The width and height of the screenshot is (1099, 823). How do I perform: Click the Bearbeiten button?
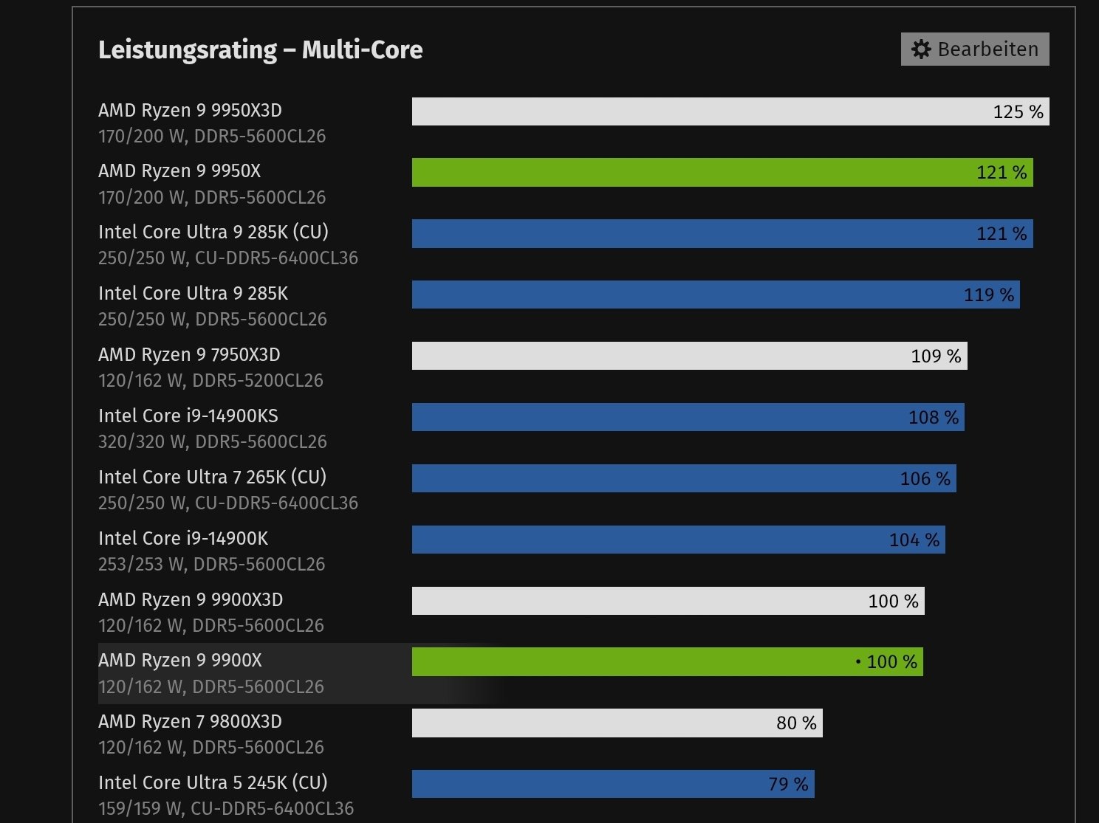coord(975,49)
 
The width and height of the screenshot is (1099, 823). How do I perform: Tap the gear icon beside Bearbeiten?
coord(921,49)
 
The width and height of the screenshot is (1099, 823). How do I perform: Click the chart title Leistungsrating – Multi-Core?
coord(260,49)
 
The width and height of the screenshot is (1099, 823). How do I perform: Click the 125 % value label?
coord(1018,112)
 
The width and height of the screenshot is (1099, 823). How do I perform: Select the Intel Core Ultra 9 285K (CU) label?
coord(213,232)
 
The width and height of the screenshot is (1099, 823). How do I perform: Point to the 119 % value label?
coord(988,295)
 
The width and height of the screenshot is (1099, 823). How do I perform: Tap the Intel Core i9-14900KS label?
coord(188,416)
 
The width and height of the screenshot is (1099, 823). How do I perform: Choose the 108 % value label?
coord(933,418)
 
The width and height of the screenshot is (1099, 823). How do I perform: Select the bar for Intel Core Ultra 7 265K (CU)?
coord(650,478)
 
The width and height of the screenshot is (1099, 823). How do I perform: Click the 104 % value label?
coord(914,540)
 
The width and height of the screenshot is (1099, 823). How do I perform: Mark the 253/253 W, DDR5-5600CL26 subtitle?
coord(211,564)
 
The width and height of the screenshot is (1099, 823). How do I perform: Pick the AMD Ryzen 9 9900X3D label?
coord(190,599)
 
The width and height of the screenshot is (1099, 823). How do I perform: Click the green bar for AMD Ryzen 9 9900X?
coord(628,662)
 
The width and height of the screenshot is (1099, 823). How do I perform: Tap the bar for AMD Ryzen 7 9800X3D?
coord(591,723)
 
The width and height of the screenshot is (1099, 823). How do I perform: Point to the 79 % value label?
coord(787,784)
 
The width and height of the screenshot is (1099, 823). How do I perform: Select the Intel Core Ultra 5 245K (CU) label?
coord(212,782)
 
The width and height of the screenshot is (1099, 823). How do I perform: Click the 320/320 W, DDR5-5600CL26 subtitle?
coord(212,441)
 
